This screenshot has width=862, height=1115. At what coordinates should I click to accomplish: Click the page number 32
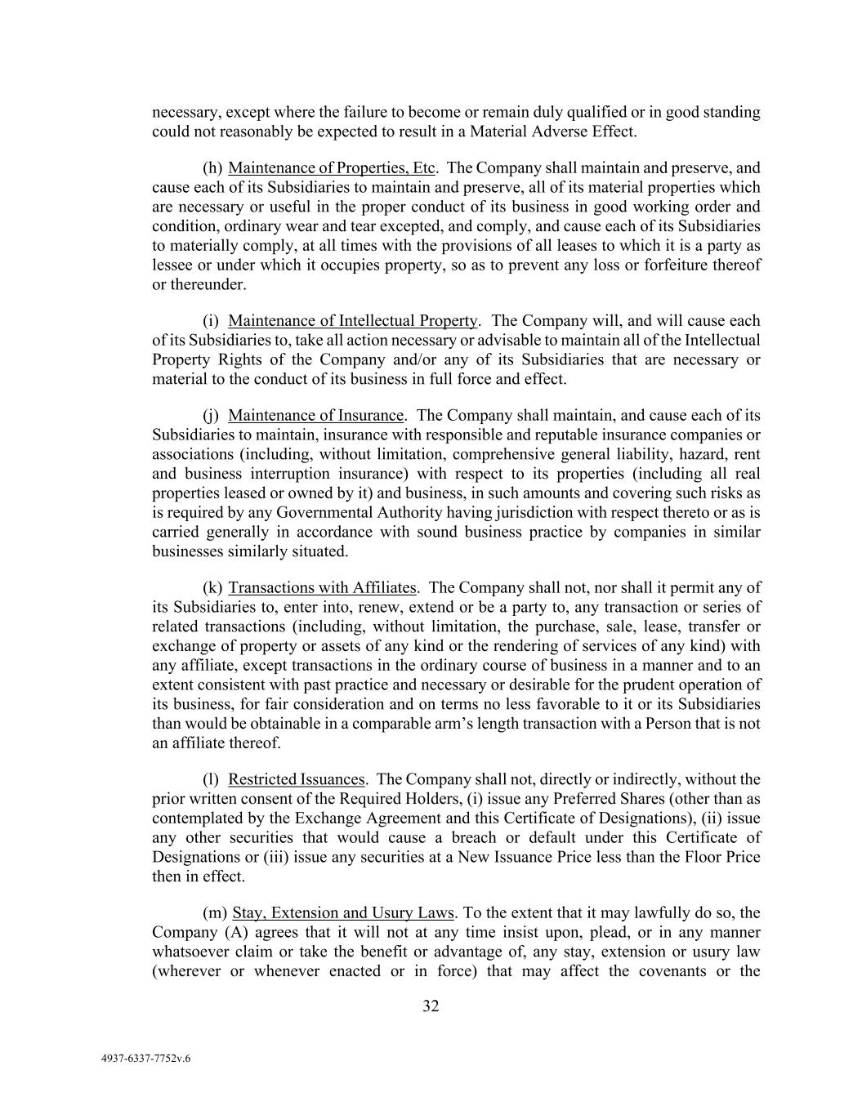[x=431, y=1006]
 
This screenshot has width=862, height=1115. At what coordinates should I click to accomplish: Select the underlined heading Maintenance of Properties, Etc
[x=331, y=168]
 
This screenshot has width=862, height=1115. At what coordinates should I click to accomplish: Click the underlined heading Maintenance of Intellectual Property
[x=352, y=321]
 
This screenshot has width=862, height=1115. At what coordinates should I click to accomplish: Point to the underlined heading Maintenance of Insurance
[x=315, y=416]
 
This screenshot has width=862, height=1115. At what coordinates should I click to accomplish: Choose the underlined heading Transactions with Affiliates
[x=322, y=588]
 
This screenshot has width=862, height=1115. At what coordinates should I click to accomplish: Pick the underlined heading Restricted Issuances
[x=296, y=779]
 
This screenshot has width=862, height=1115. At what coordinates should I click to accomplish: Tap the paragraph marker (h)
[x=212, y=168]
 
